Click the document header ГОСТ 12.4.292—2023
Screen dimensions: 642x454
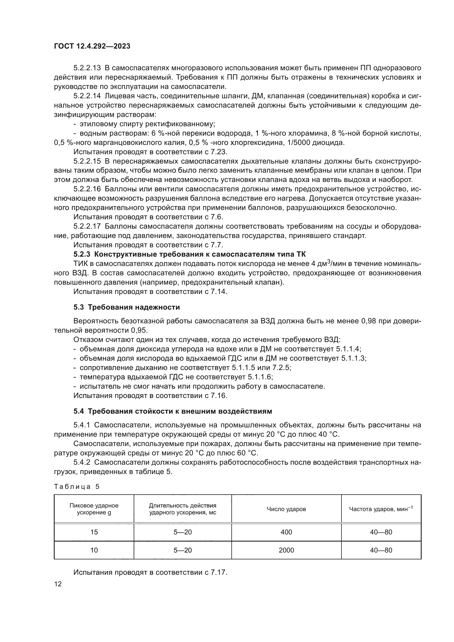pyautogui.click(x=92, y=46)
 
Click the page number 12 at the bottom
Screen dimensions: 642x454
pyautogui.click(x=58, y=584)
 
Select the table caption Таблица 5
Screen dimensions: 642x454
pyautogui.click(x=77, y=487)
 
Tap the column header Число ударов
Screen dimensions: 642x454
pyautogui.click(x=286, y=509)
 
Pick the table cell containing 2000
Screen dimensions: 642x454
pyautogui.click(x=286, y=550)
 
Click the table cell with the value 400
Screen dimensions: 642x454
pyautogui.click(x=286, y=532)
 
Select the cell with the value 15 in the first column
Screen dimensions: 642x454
pyautogui.click(x=94, y=532)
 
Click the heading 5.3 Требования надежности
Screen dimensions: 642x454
pyautogui.click(x=127, y=307)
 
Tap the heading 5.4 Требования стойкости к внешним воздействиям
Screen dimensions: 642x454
pyautogui.click(x=172, y=411)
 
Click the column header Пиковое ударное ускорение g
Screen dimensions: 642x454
pyautogui.click(x=94, y=509)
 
